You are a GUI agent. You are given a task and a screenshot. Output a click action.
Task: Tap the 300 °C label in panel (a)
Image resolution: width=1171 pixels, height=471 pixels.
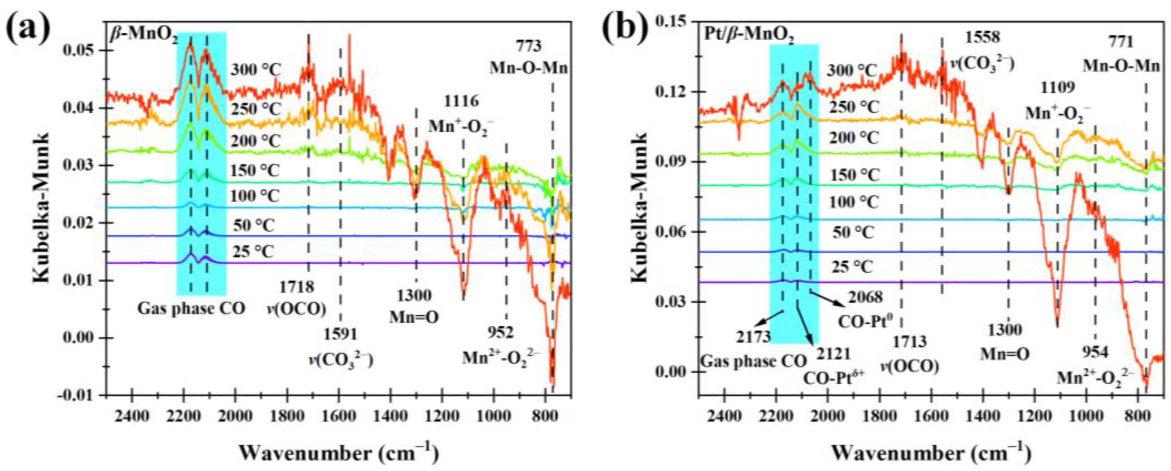(256, 70)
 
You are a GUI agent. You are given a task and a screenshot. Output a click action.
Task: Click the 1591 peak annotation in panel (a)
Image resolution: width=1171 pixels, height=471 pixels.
(341, 335)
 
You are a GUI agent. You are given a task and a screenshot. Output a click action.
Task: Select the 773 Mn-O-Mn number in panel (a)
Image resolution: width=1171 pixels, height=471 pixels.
(529, 46)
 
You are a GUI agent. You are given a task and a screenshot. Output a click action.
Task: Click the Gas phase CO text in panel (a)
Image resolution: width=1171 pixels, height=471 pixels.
(191, 309)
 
